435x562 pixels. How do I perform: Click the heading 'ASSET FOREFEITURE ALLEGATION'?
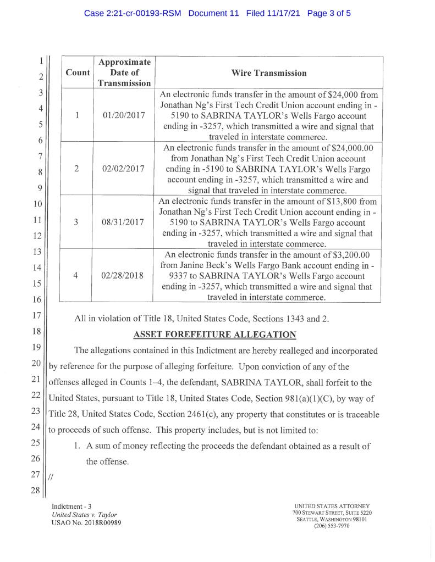click(215, 335)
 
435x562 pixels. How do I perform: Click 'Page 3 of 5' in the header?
click(329, 13)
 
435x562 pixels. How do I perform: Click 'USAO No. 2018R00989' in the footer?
click(86, 522)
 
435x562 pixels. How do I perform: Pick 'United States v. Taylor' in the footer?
click(84, 514)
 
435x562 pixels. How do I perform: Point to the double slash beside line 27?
click(51, 477)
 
